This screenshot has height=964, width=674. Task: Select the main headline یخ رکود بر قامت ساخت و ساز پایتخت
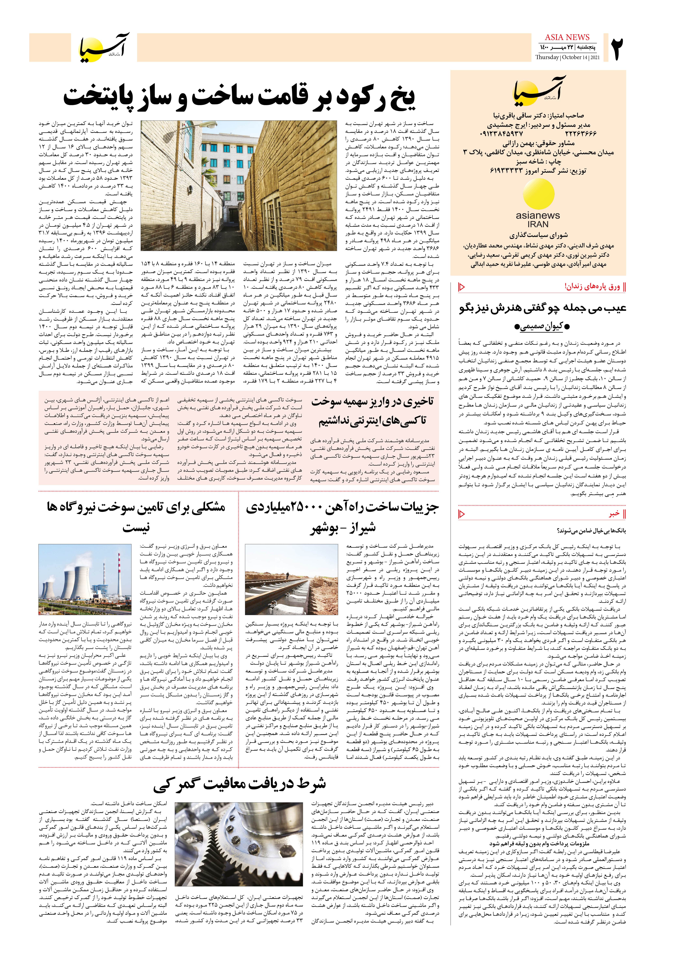[240, 97]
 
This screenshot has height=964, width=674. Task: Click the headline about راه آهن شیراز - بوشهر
[342, 517]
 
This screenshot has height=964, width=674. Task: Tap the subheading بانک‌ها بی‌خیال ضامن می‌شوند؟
[591, 531]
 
